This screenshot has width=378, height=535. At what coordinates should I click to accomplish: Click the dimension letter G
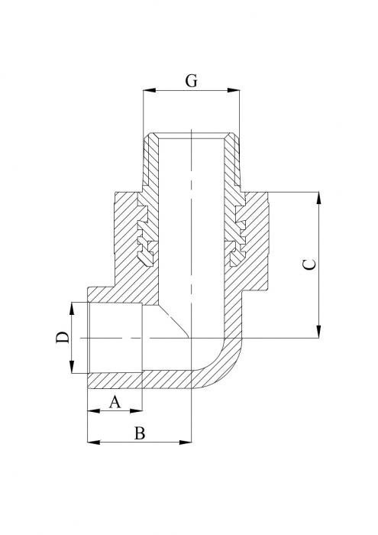192,79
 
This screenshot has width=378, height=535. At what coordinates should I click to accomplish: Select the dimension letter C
309,264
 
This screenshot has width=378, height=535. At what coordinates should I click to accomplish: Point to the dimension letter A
115,401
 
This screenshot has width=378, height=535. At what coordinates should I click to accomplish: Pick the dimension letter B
139,433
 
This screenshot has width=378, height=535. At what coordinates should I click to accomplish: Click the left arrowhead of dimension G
148,91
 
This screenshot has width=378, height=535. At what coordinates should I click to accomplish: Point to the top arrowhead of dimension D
73,307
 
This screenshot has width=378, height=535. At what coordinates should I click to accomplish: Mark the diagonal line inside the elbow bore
175,322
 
